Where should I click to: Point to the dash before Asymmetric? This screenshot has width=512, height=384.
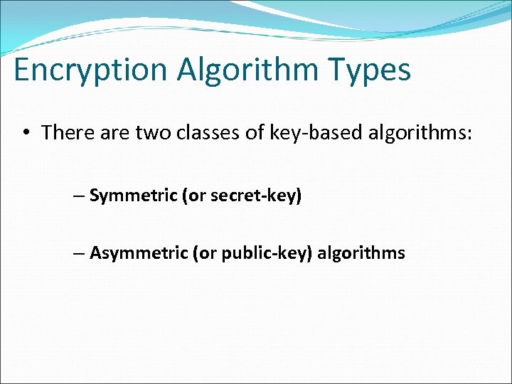(78, 253)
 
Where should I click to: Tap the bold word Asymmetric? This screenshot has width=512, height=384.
(139, 253)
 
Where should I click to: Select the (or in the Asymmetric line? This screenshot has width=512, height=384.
(202, 253)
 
